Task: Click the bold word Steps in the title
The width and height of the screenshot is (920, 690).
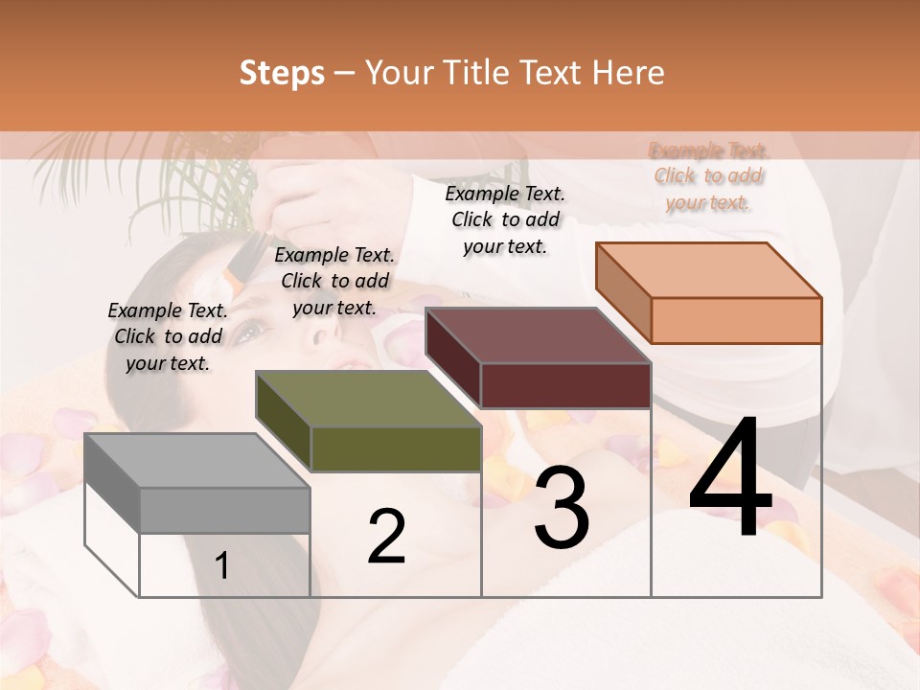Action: click(282, 73)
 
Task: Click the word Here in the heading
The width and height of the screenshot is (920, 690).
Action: click(629, 73)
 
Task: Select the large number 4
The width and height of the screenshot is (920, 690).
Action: click(730, 479)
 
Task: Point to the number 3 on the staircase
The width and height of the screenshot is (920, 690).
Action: click(561, 507)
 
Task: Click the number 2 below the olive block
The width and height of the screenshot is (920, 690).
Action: click(386, 537)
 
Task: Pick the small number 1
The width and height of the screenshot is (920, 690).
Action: click(221, 566)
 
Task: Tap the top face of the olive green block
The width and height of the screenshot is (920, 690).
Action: click(367, 399)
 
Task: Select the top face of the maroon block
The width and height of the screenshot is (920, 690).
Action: click(538, 335)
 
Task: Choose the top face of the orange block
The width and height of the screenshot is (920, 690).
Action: click(708, 270)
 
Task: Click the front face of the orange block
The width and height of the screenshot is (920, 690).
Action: click(736, 320)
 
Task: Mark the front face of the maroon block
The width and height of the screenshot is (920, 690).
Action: click(565, 385)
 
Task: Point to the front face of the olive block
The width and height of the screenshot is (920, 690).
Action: click(396, 448)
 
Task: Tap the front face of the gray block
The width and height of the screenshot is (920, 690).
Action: click(225, 510)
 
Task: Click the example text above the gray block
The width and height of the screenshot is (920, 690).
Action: click(168, 336)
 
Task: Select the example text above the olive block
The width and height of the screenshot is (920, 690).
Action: click(334, 281)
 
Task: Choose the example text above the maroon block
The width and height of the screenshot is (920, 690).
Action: click(505, 219)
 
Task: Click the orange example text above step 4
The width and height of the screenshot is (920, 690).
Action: click(708, 176)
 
